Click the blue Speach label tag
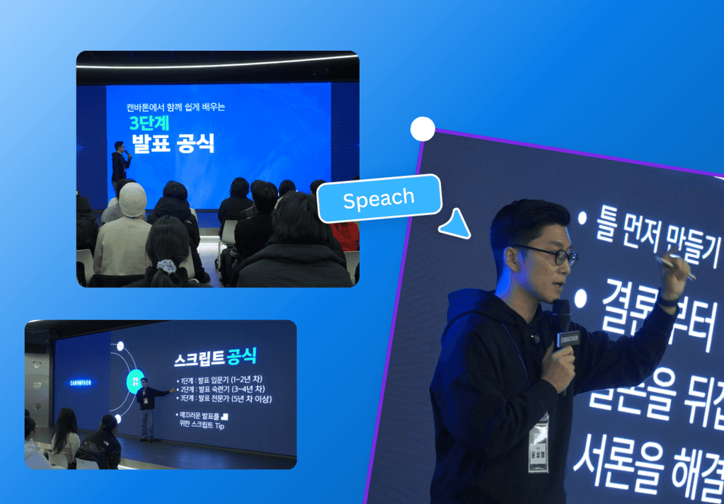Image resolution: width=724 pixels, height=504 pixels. click(x=379, y=199)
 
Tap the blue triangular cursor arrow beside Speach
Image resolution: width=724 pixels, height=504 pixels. click(x=456, y=223)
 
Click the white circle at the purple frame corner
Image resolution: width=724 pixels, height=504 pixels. click(x=423, y=130)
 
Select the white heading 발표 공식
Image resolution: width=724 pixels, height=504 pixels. click(x=173, y=144)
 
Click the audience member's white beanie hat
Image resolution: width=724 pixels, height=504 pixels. click(x=132, y=200)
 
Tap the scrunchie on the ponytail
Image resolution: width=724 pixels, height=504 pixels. click(x=166, y=265)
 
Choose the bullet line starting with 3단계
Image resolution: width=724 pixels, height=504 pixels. click(x=224, y=399)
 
